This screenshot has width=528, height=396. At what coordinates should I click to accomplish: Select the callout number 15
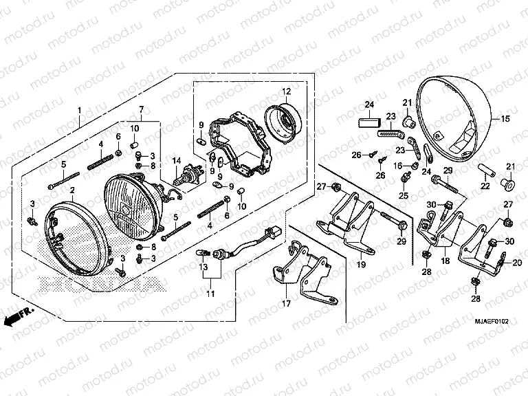pyautogui.click(x=505, y=120)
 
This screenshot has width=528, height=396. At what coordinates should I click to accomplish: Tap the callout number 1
pyautogui.click(x=79, y=111)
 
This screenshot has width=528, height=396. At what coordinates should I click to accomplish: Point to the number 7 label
pyautogui.click(x=141, y=110)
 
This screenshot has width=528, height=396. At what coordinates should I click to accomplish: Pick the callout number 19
pyautogui.click(x=360, y=264)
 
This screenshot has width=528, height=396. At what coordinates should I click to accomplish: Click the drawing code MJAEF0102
pyautogui.click(x=491, y=321)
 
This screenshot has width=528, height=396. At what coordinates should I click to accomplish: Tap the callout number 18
pyautogui.click(x=445, y=261)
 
